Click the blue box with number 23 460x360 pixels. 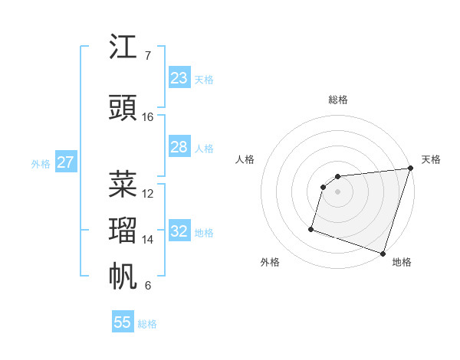click(179, 78)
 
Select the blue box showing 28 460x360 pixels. click(179, 147)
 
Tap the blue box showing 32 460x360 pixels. click(179, 231)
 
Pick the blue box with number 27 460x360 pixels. click(65, 162)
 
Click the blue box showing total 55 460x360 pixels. click(123, 322)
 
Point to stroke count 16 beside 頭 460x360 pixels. click(148, 116)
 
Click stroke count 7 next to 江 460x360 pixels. click(147, 56)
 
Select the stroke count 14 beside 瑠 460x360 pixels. click(148, 240)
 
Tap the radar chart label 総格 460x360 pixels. click(337, 100)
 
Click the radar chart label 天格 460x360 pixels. click(431, 159)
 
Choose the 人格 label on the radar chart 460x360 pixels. click(245, 159)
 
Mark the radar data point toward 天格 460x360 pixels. click(410, 169)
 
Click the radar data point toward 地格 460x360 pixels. click(382, 253)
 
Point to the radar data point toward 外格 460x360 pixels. click(311, 228)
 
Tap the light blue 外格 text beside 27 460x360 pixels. click(40, 163)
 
